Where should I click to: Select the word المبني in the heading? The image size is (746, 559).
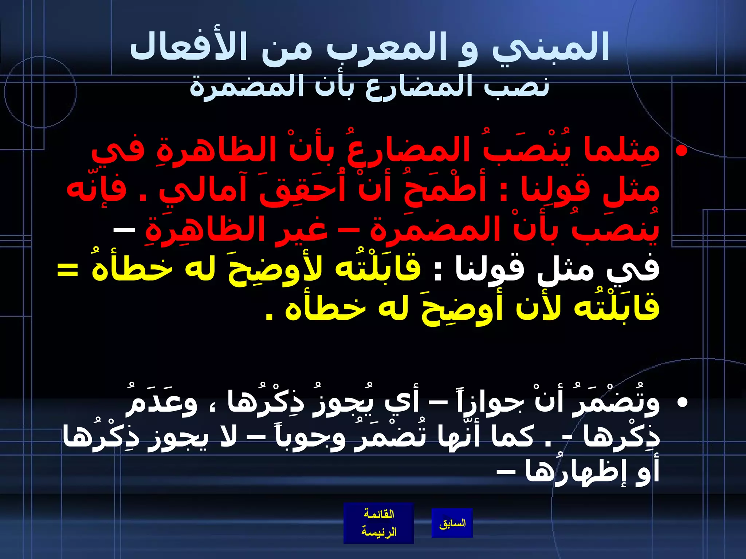[x=550, y=47]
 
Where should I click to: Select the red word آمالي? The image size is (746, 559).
[x=204, y=189]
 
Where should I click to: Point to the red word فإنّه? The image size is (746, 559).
[x=96, y=189]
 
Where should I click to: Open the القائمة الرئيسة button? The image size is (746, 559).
[x=378, y=523]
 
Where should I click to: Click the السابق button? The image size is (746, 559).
[x=452, y=523]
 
